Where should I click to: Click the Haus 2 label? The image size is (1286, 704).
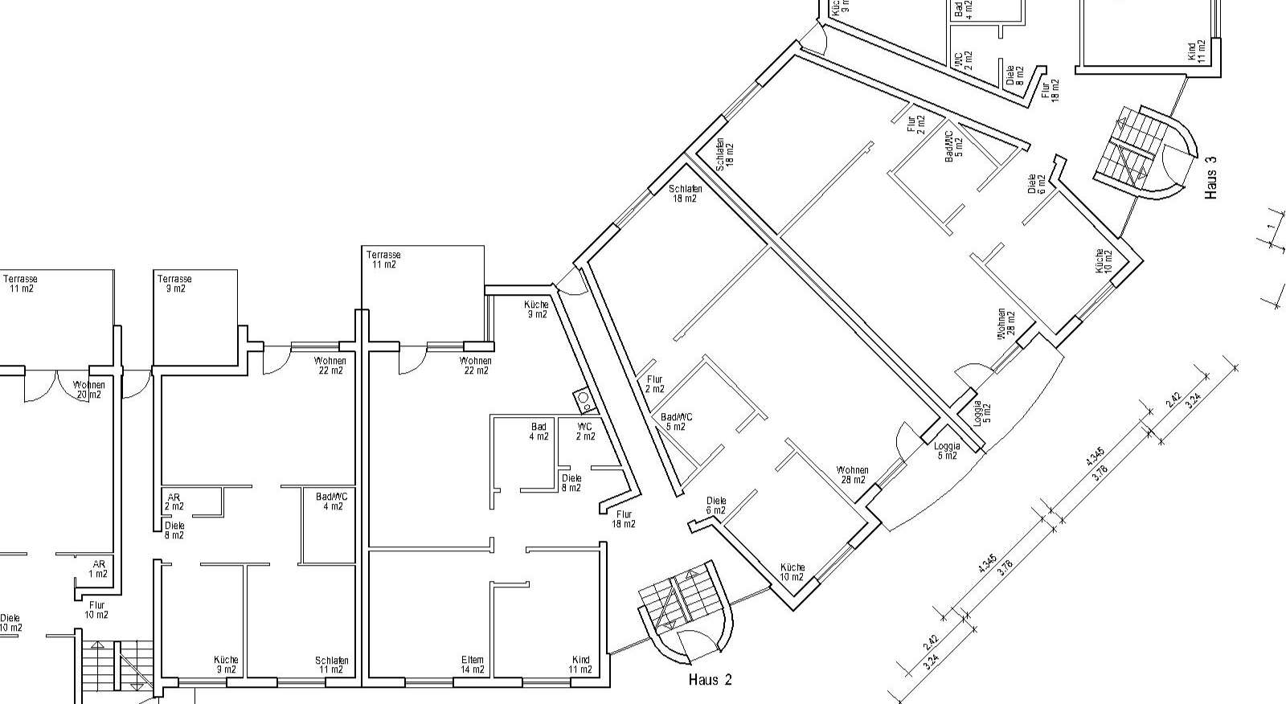click(710, 680)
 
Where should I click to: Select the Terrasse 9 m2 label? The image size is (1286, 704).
click(172, 284)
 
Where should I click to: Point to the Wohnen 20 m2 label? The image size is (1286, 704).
click(88, 390)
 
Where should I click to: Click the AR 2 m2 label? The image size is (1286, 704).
click(174, 501)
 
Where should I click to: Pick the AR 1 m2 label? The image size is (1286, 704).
click(98, 569)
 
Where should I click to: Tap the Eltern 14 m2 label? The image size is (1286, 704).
click(473, 665)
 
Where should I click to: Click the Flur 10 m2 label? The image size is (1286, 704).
click(96, 610)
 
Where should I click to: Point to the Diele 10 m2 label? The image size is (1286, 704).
click(10, 623)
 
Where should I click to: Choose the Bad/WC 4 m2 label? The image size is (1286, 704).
click(332, 501)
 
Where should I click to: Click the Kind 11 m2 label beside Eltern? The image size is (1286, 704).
click(580, 665)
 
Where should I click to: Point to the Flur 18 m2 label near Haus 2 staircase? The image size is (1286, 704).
click(624, 519)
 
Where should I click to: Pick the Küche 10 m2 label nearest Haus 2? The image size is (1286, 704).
click(792, 572)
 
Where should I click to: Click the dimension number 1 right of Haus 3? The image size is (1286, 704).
click(1270, 227)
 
